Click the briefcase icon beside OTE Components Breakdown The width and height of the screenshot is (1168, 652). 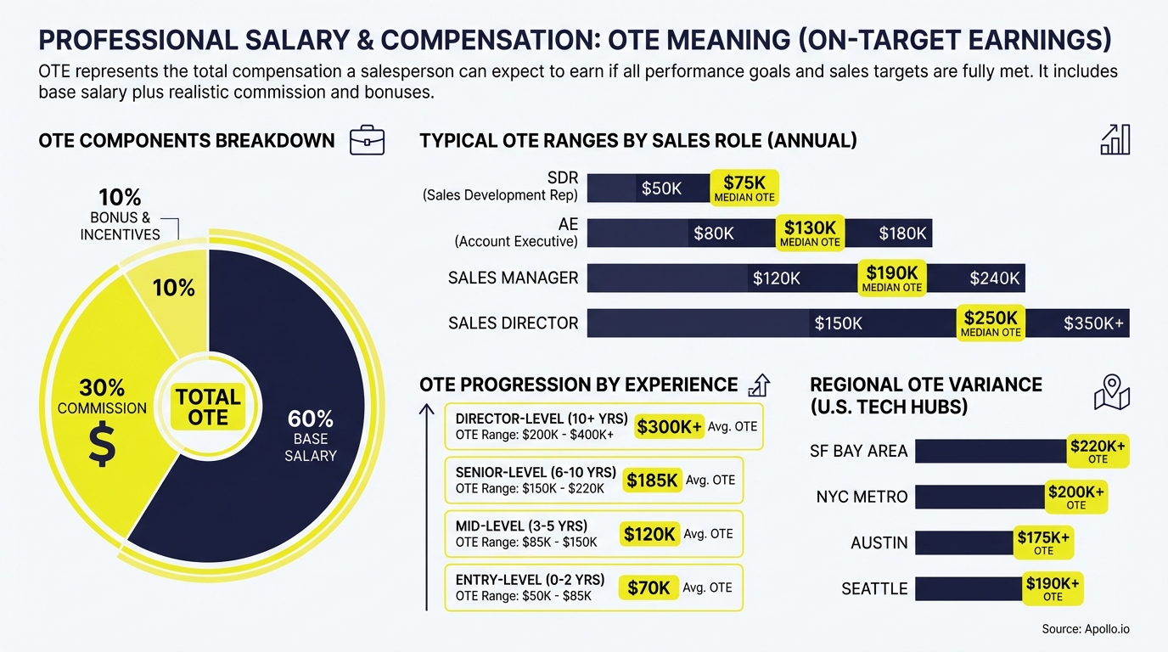click(367, 141)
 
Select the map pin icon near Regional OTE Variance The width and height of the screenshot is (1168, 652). click(1111, 392)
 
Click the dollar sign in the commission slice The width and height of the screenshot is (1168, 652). click(102, 446)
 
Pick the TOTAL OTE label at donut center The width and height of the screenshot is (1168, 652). click(208, 407)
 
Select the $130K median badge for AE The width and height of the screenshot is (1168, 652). click(810, 233)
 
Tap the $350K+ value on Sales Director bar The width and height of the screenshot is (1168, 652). click(1093, 323)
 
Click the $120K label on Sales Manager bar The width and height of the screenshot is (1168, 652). click(776, 278)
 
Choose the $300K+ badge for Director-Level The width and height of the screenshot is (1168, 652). click(670, 427)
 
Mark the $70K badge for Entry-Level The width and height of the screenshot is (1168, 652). click(649, 587)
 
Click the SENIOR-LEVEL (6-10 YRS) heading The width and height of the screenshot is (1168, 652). click(536, 472)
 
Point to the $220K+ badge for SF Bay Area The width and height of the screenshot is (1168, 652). click(1098, 451)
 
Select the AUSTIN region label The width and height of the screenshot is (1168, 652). click(879, 542)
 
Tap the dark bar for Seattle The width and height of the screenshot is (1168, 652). click(968, 588)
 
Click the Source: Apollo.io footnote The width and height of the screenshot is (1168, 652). click(1085, 629)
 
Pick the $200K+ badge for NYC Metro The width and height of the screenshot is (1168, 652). click(1075, 497)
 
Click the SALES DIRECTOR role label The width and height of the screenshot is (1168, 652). click(513, 323)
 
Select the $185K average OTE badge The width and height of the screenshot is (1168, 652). click(652, 481)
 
